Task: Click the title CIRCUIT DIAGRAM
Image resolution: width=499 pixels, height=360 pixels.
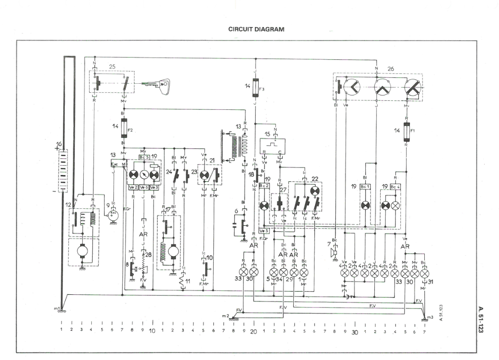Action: [256, 29]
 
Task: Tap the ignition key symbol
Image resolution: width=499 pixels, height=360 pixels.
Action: [158, 84]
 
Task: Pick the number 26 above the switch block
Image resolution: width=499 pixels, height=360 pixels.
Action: [391, 69]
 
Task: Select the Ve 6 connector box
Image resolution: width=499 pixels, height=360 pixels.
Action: [144, 187]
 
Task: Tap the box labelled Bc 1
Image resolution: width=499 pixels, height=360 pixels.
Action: [365, 186]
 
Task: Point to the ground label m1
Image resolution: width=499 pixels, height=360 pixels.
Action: [56, 309]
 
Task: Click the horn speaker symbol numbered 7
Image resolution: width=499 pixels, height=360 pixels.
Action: [333, 253]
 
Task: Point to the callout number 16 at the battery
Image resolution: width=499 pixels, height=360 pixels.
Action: [58, 144]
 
